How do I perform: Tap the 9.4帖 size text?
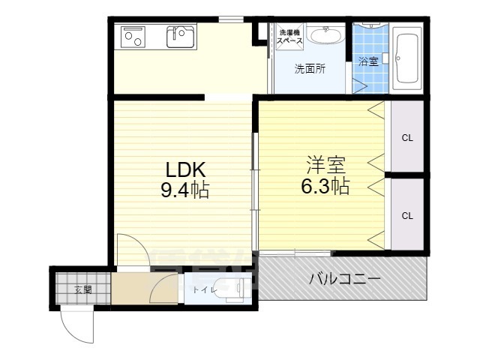(x=184, y=190)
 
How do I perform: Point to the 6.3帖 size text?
(x=325, y=187)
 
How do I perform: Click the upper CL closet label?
(x=407, y=138)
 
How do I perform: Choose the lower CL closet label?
(x=407, y=216)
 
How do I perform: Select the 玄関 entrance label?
(x=82, y=289)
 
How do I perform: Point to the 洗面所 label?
(x=309, y=69)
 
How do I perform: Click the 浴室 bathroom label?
(x=367, y=61)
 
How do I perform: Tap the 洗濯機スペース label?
(x=289, y=37)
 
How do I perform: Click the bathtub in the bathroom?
(x=409, y=57)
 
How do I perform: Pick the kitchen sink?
(x=181, y=36)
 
